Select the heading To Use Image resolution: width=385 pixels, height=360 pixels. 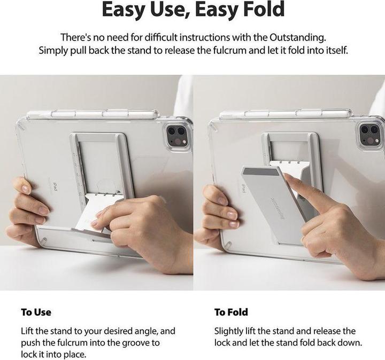coord(36,312)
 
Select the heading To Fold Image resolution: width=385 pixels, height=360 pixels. coord(231,312)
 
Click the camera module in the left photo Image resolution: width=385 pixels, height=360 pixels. coord(176,135)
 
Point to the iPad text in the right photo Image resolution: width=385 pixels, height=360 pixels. coord(244,189)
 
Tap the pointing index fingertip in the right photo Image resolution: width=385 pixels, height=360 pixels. coord(289,180)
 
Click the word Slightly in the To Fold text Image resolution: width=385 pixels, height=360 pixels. coord(230,331)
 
